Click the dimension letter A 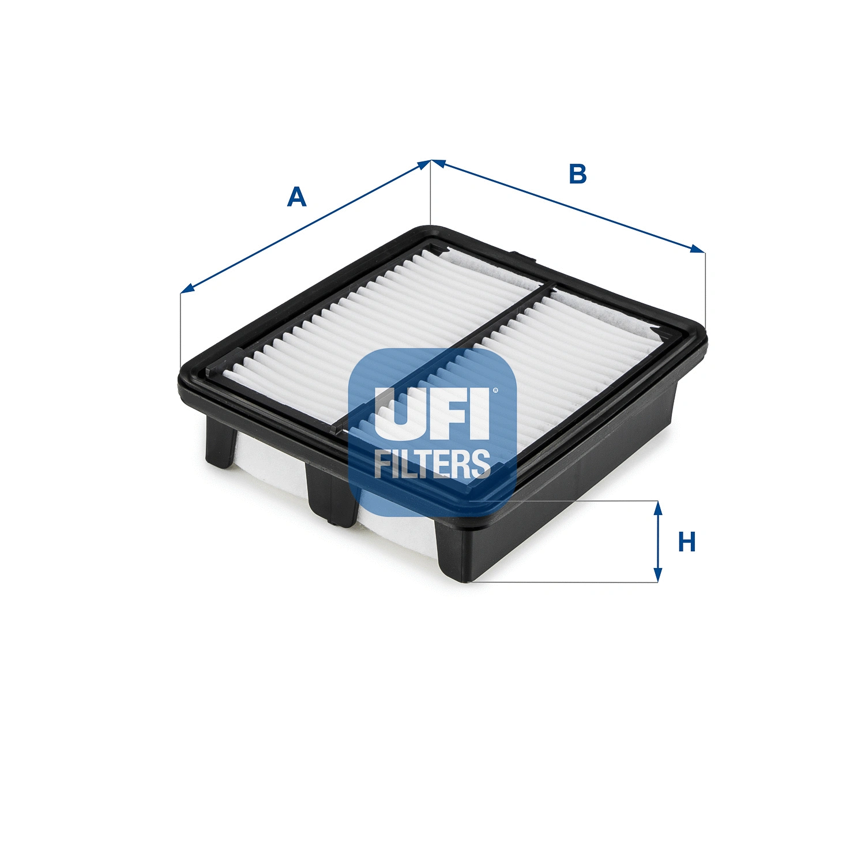[296, 197]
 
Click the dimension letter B [577, 174]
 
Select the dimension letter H [687, 542]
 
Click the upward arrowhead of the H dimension [657, 507]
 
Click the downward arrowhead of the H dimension [657, 576]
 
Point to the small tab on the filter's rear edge [521, 255]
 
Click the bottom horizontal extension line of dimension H [565, 582]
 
